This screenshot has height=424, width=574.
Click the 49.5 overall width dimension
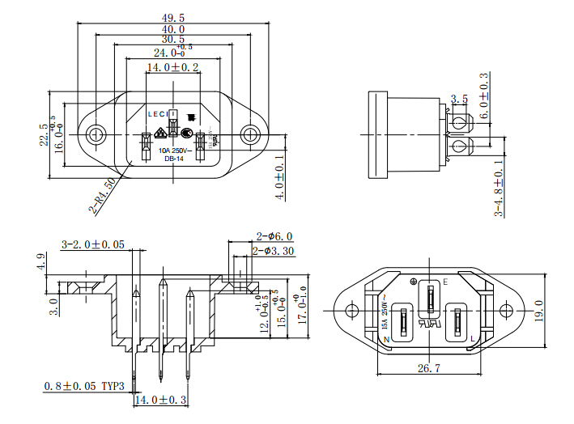pos(173,17)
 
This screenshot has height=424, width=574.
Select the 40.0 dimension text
pos(173,28)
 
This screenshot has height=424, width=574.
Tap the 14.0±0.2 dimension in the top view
pos(172,68)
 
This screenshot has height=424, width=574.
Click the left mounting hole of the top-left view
pos(96,134)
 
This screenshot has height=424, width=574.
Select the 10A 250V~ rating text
pos(173,151)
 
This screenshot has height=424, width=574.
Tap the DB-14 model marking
pos(173,159)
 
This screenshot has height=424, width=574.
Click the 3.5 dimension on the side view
pos(459,99)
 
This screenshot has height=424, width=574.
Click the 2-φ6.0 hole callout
pos(274,237)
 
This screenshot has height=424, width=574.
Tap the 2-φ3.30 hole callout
pos(273,252)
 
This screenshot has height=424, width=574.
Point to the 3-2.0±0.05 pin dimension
pos(93,244)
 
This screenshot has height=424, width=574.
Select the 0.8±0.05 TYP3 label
pos(84,387)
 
